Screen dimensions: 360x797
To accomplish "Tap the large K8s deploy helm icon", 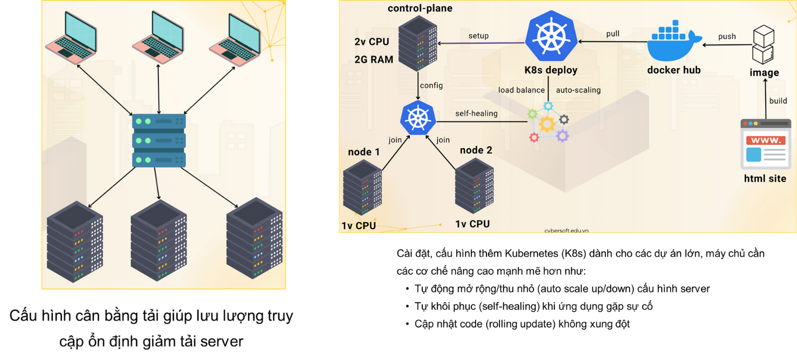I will tap(551, 36).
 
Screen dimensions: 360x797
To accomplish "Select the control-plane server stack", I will tap(417, 44).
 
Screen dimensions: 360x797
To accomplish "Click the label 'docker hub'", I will tap(674, 70).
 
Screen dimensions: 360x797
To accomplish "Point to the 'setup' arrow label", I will tap(478, 36).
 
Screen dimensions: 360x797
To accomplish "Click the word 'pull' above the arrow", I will tap(613, 33).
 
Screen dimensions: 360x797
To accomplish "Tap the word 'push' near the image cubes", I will tap(727, 36).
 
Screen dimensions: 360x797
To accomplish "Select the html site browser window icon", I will tap(765, 144).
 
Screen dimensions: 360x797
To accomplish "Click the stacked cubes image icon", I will tap(764, 45).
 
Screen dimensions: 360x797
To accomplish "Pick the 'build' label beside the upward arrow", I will tap(778, 101).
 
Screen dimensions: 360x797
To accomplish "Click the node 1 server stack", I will tap(362, 189).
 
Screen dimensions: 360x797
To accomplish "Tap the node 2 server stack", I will tap(474, 186).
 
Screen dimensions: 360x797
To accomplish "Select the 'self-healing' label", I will tap(476, 113).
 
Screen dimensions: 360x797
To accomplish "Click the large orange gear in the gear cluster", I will tap(547, 124).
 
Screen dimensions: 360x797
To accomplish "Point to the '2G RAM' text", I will tap(374, 60).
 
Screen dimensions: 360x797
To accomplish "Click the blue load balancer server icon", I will tap(159, 140).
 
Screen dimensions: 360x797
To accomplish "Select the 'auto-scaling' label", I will tap(578, 90).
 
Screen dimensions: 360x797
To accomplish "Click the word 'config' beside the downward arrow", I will tap(431, 85).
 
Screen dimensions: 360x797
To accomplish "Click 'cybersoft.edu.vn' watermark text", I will tap(566, 230).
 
